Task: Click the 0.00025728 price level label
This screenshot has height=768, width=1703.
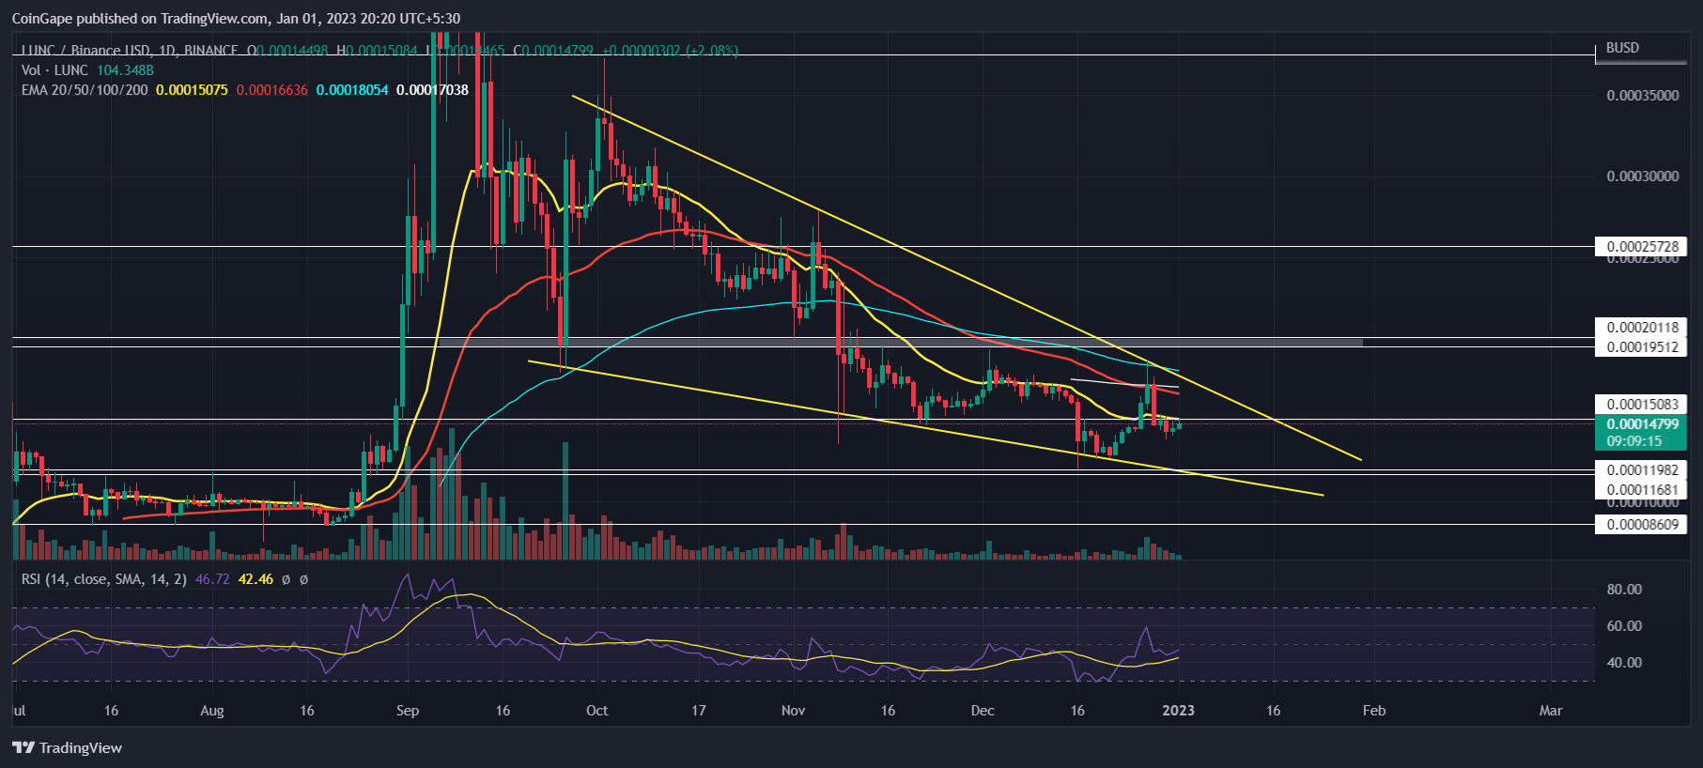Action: tap(1641, 247)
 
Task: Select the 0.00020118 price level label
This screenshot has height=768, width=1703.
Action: tap(1641, 328)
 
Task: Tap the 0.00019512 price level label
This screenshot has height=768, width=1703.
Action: tap(1641, 347)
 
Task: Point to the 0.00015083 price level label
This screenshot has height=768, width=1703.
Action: tap(1641, 405)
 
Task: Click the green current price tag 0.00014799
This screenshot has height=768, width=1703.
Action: tap(1641, 424)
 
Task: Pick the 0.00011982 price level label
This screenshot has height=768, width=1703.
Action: tap(1641, 470)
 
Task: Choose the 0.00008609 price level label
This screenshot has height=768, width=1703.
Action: tap(1641, 525)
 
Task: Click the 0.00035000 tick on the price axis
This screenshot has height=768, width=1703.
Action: tap(1642, 96)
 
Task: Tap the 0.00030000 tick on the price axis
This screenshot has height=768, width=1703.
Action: tap(1642, 177)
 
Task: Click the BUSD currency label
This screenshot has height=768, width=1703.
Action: tap(1622, 48)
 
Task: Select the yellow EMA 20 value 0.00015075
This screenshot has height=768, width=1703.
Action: tap(192, 90)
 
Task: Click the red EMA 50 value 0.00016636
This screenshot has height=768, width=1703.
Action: tap(271, 90)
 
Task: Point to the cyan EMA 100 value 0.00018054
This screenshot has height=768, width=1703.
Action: tap(352, 90)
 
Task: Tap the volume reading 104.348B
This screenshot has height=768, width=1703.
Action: tap(125, 70)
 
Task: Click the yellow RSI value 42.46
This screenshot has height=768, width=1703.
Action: tap(255, 579)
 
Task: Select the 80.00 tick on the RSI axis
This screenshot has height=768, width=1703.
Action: tap(1624, 590)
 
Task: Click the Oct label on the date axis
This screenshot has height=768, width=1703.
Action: tap(596, 711)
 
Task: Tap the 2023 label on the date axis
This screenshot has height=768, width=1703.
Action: tap(1178, 711)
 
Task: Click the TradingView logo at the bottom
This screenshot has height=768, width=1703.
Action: tap(67, 748)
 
